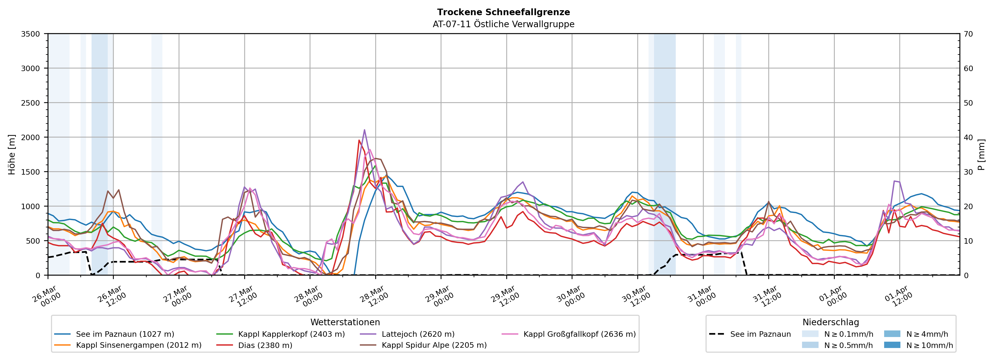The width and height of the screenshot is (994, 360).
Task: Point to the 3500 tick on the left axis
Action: tap(31, 34)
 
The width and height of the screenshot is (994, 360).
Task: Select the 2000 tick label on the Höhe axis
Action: tap(31, 137)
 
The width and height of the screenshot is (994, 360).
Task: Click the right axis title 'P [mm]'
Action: tap(981, 154)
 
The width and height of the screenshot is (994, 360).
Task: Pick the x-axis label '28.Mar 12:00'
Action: tap(372, 296)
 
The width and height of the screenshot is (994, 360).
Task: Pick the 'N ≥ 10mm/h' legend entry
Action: tap(929, 345)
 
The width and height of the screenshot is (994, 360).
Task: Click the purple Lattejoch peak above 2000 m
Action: tap(364, 130)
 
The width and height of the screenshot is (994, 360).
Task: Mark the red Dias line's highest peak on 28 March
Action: tap(359, 140)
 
